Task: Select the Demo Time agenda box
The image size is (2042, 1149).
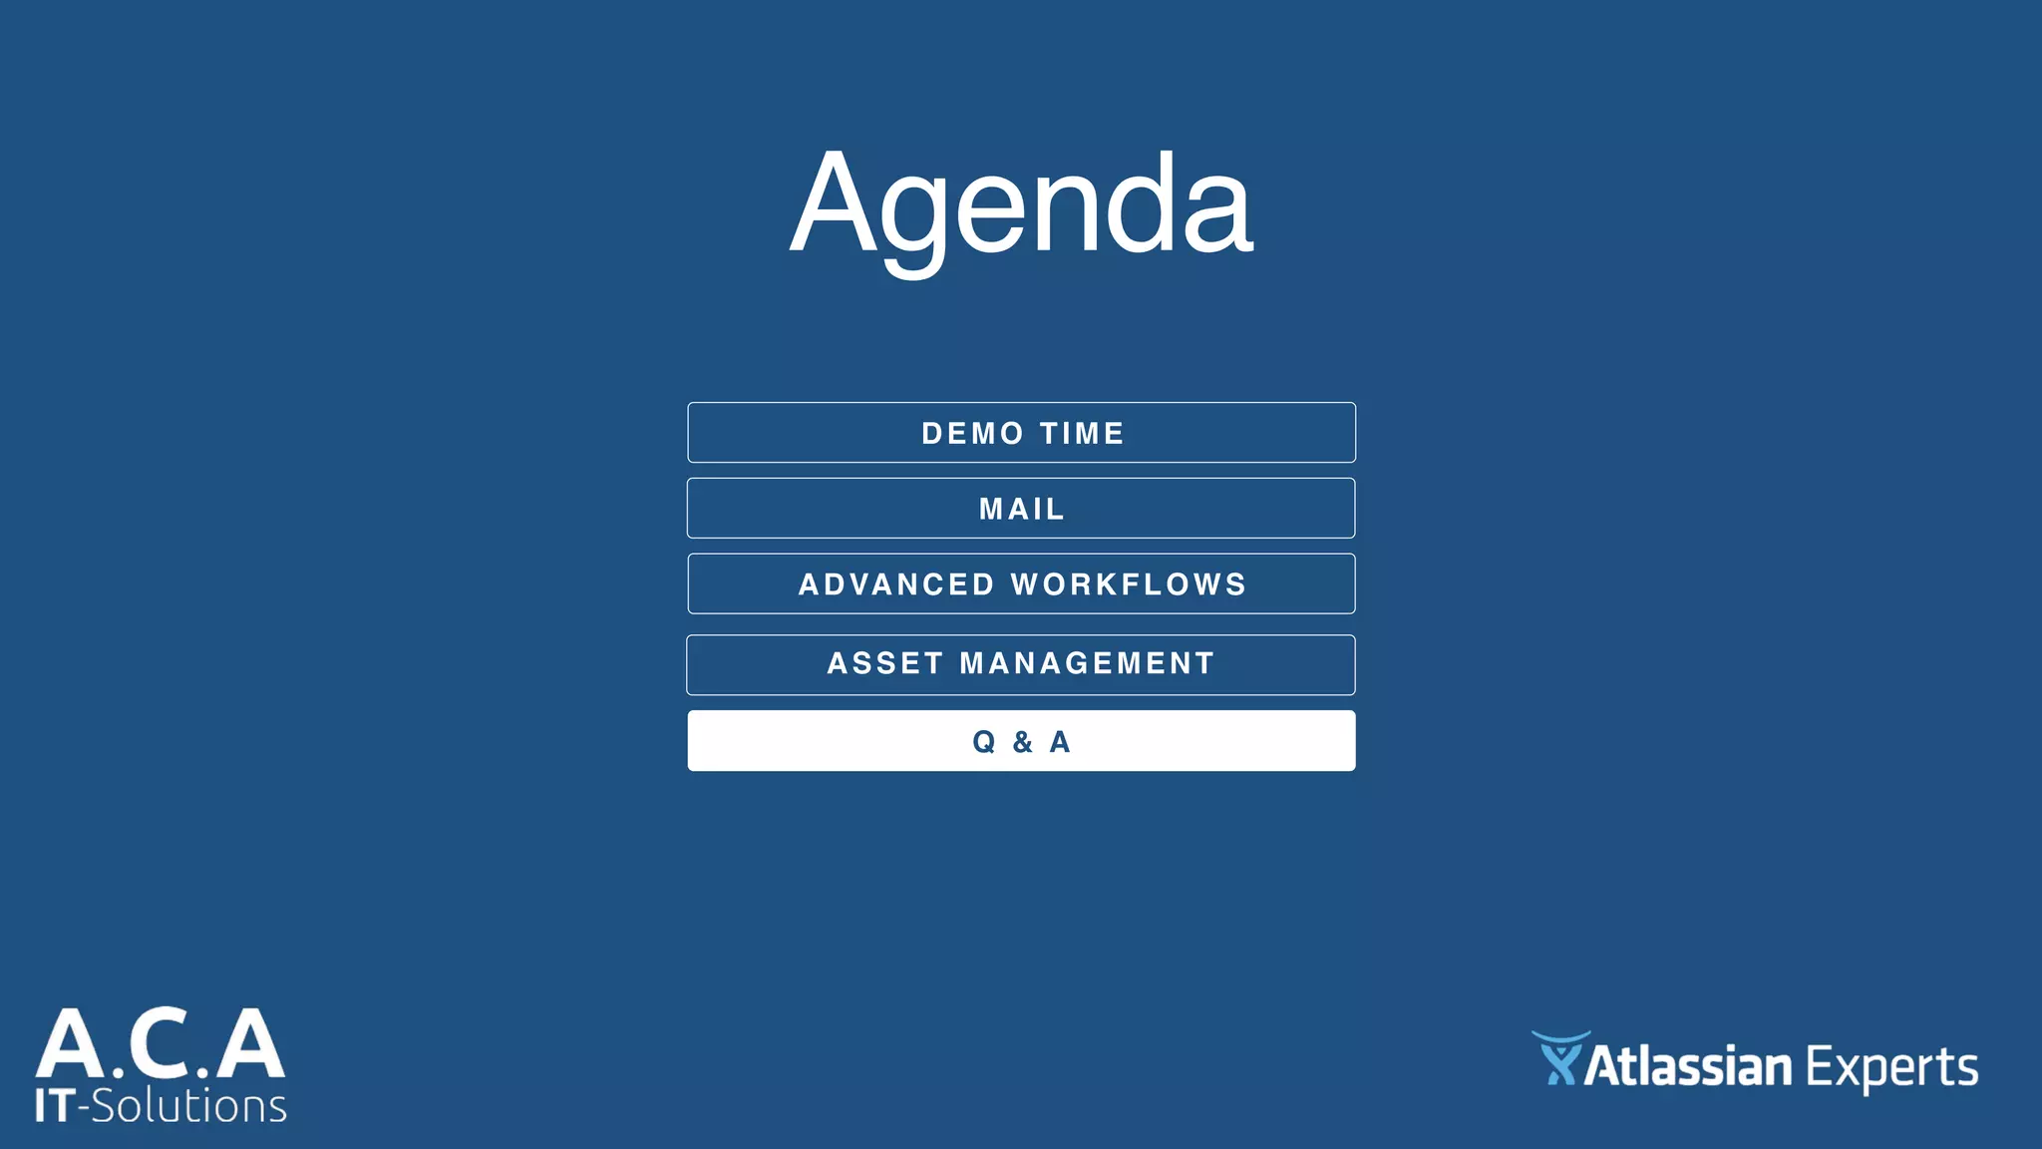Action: [x=1021, y=433]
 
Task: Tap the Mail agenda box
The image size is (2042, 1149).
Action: [x=1021, y=509]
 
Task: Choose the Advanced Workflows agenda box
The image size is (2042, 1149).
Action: [x=1021, y=584]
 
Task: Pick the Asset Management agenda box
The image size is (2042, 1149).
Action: [x=1021, y=664]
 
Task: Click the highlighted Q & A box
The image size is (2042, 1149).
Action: [x=1021, y=741]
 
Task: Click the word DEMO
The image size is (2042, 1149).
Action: [x=972, y=434]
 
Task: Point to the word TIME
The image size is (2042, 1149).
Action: [x=1082, y=434]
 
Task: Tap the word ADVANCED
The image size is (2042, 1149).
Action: [x=896, y=584]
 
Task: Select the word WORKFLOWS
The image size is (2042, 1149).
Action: [x=1129, y=584]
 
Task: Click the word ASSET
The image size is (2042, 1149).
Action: [x=885, y=663]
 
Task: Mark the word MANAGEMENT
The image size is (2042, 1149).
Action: [x=1087, y=663]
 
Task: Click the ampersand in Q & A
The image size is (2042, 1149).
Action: [x=1022, y=742]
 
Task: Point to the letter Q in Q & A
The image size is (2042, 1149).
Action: [x=984, y=742]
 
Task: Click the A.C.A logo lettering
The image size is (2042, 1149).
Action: [x=161, y=1044]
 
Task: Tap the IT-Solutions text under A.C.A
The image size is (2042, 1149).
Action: [x=161, y=1106]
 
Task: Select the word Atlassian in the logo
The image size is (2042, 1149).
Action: [x=1687, y=1067]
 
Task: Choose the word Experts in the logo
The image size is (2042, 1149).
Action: [x=1891, y=1068]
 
